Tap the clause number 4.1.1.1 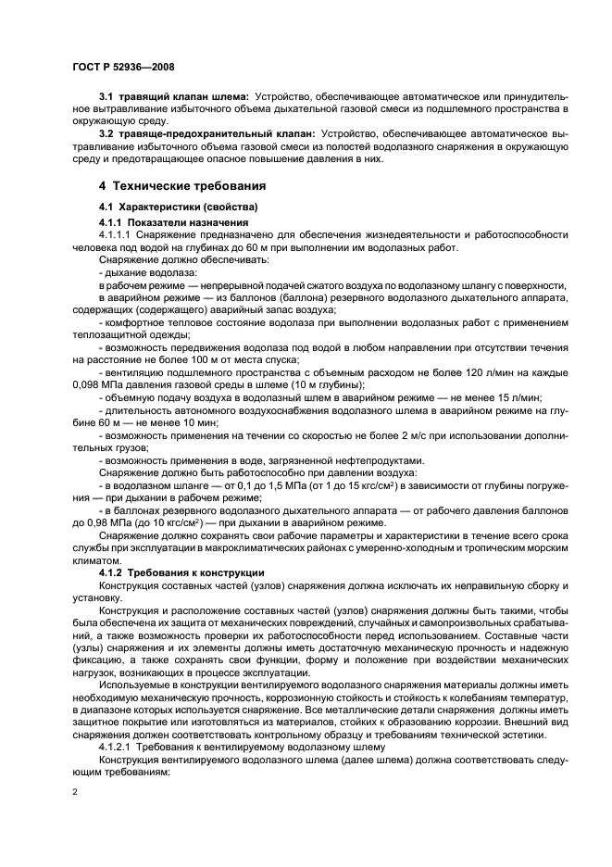[x=118, y=235]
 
